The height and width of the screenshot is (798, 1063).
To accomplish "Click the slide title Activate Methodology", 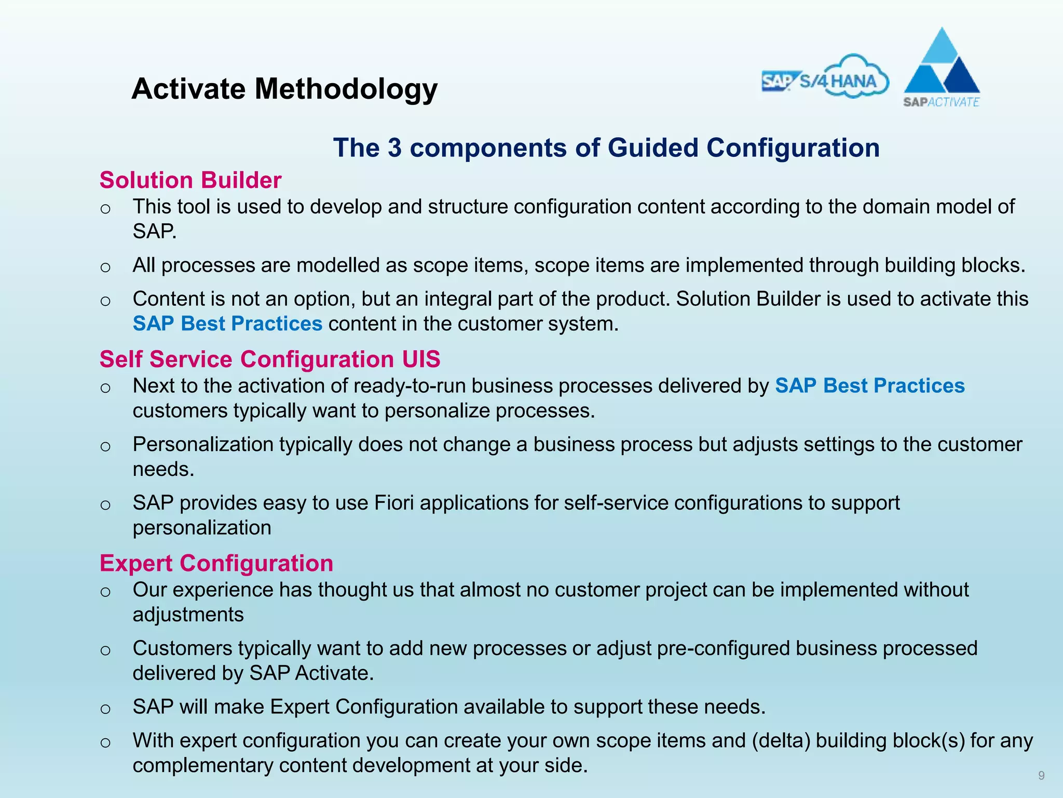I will pyautogui.click(x=284, y=89).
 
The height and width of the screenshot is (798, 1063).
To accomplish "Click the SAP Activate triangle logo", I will pyautogui.click(x=942, y=68).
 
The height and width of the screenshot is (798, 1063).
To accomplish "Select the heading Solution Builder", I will pyautogui.click(x=190, y=180).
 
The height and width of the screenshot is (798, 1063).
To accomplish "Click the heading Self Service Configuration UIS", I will pyautogui.click(x=270, y=360).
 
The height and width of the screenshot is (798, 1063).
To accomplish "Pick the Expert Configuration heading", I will pyautogui.click(x=216, y=564).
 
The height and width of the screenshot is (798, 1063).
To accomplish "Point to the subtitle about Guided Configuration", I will pyautogui.click(x=606, y=148).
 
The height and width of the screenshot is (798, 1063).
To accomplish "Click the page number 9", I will pyautogui.click(x=1041, y=776).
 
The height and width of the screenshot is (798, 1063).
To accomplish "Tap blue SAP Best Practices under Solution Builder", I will pyautogui.click(x=227, y=324).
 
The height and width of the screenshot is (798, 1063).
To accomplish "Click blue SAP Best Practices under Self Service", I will pyautogui.click(x=870, y=386).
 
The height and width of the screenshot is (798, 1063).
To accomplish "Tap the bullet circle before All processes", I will pyautogui.click(x=105, y=268).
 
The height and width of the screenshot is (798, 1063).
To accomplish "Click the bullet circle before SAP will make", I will pyautogui.click(x=105, y=709).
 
